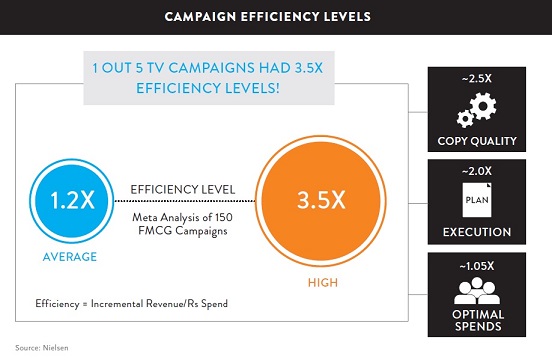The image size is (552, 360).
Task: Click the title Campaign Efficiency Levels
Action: pos(275,17)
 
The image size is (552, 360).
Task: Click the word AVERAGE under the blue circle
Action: pos(69,257)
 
